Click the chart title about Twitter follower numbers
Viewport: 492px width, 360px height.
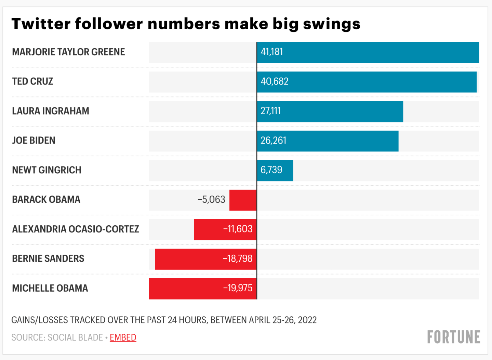[186, 24]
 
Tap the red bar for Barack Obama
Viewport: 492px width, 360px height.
[243, 200]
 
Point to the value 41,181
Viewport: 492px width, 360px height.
[272, 52]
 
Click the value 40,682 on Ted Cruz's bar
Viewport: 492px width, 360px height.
[275, 81]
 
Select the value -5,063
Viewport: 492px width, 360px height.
[211, 200]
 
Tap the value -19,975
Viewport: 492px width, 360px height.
[238, 288]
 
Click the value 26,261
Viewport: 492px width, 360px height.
[274, 141]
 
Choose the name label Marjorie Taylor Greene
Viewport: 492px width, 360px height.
[68, 52]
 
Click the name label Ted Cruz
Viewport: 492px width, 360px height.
[33, 81]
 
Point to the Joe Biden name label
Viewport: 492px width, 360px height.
[34, 141]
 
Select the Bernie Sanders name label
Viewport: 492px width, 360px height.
[48, 258]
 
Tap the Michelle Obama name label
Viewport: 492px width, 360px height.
[50, 288]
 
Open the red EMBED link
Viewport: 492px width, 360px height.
[123, 337]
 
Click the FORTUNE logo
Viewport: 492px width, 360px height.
[453, 337]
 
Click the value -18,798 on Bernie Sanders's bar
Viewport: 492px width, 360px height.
[238, 259]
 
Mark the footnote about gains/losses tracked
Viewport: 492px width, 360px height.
[164, 320]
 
